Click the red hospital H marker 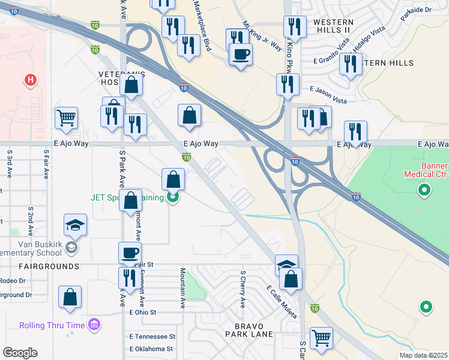click(28, 79)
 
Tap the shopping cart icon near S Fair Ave click(66, 118)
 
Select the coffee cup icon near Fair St click(130, 253)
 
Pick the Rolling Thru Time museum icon click(94, 325)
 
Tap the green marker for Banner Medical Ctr click(424, 191)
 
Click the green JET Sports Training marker click(173, 196)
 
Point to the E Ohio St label click(142, 312)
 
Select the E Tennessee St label click(152, 337)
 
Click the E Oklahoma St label click(151, 349)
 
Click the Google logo click(20, 353)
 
